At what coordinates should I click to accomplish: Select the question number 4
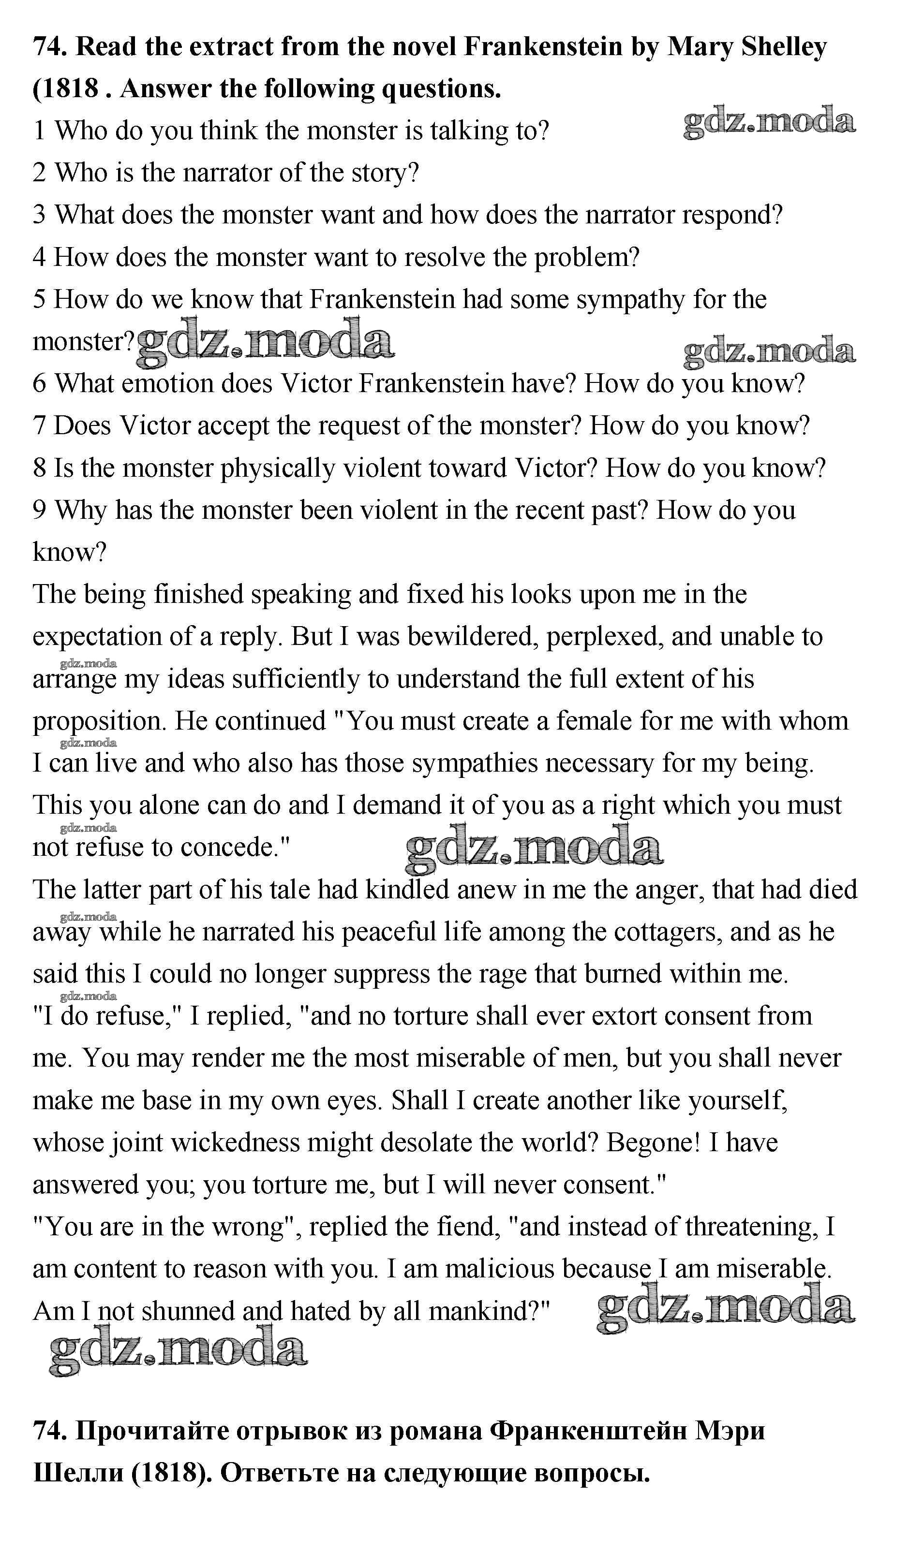(x=39, y=258)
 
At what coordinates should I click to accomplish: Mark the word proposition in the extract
(x=99, y=722)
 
